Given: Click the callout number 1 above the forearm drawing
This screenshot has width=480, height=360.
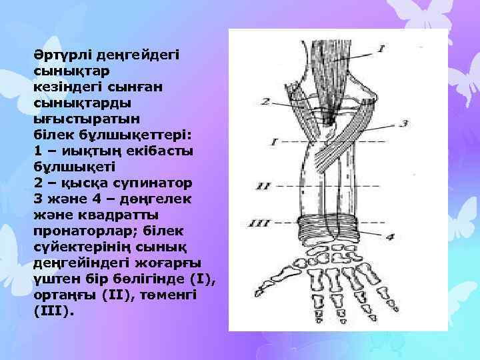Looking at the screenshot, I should tap(381, 48).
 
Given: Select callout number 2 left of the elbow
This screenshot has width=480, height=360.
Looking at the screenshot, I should tap(265, 101).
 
